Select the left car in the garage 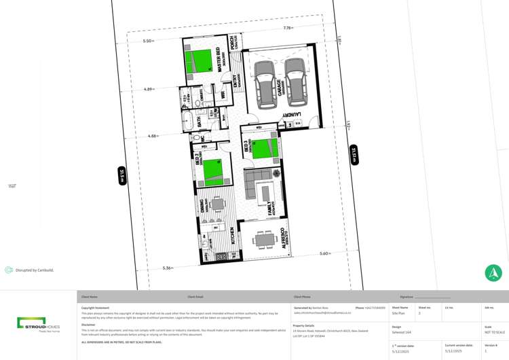coord(265,85)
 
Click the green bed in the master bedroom coord(199,61)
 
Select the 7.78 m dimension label coord(288,28)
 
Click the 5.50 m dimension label coord(148,41)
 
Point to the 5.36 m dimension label coord(168,268)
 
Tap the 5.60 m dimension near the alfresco coord(325,253)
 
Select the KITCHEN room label coord(232,236)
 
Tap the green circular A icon coord(493,273)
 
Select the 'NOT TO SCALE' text coord(494,332)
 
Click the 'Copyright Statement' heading coord(95,308)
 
